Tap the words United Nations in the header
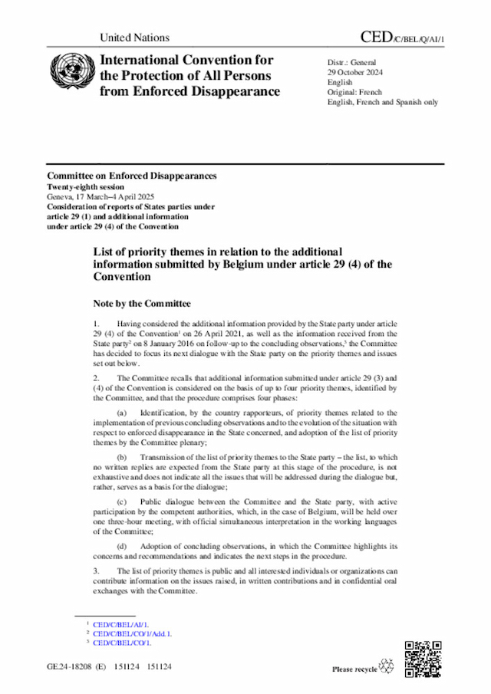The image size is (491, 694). click(x=134, y=38)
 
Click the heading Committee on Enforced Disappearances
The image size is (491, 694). click(x=131, y=176)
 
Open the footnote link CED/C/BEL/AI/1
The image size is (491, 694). click(x=120, y=626)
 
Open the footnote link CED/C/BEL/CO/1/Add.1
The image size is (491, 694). click(x=132, y=634)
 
